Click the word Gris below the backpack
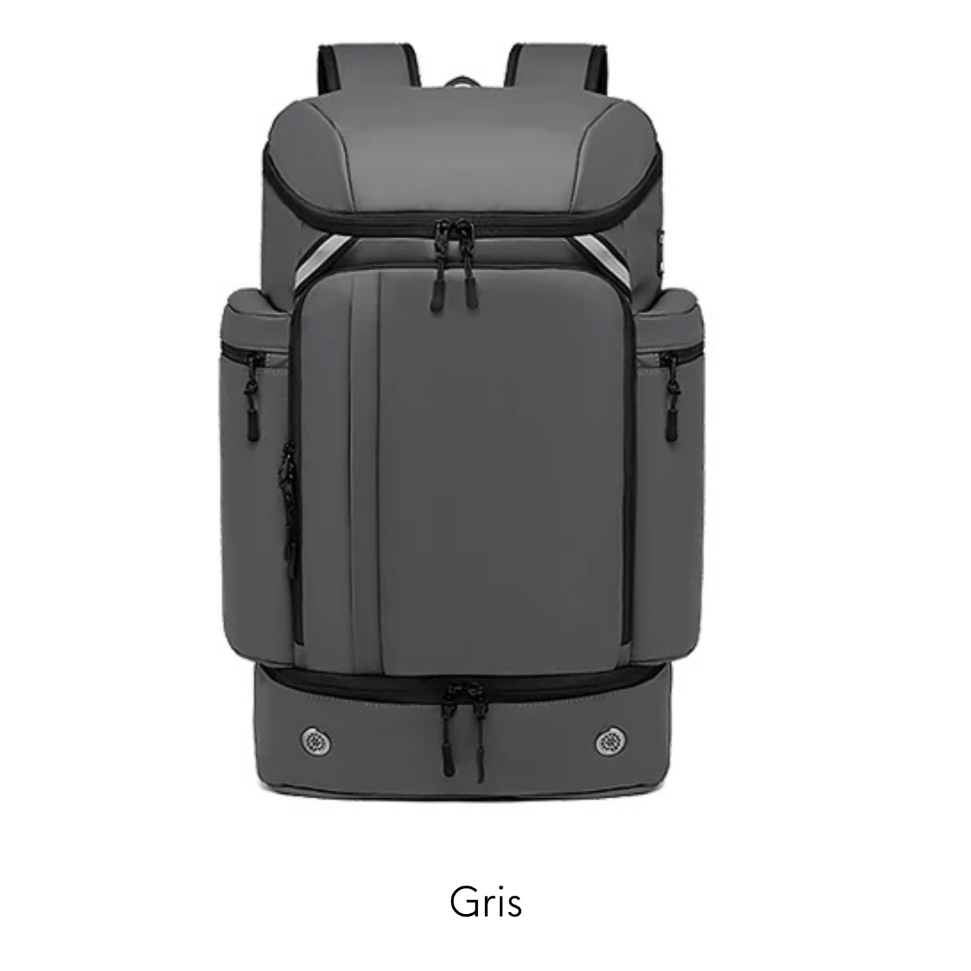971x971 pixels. (x=485, y=901)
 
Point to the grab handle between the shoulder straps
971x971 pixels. (x=462, y=84)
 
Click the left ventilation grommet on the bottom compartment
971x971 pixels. (x=316, y=741)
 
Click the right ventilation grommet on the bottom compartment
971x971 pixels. (x=610, y=741)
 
